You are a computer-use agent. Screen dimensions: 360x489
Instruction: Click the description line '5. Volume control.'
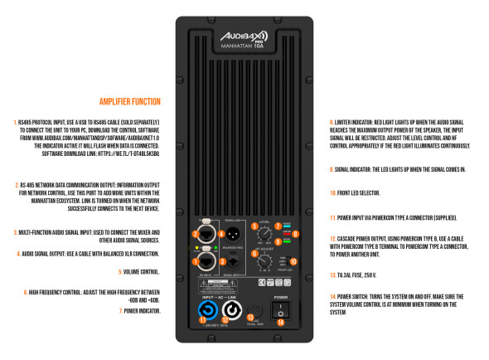coord(139,270)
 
